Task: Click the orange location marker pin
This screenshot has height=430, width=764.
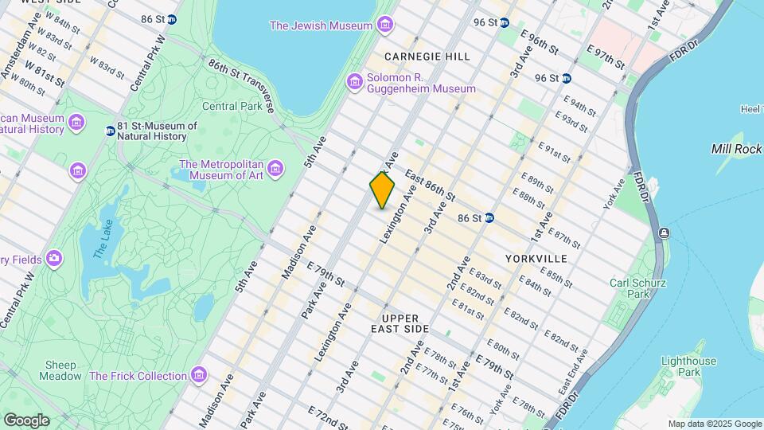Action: click(382, 190)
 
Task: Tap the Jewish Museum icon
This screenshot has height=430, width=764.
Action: click(385, 25)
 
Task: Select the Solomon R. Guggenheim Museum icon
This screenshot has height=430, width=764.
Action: click(355, 81)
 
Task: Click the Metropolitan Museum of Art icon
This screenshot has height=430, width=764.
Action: click(275, 168)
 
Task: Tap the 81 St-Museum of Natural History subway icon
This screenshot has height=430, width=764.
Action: click(110, 131)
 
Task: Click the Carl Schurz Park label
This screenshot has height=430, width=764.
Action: click(637, 288)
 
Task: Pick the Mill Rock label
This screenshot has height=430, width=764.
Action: click(737, 149)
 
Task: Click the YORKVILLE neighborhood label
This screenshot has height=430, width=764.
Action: click(536, 259)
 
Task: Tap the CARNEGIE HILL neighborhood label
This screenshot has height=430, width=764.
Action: click(427, 57)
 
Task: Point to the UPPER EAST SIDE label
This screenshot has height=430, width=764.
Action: click(400, 323)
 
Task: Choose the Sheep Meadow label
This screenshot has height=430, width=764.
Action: click(60, 370)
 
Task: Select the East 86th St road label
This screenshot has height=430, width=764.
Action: click(430, 185)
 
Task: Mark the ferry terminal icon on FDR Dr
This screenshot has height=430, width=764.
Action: click(663, 233)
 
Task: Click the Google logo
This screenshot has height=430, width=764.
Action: click(26, 420)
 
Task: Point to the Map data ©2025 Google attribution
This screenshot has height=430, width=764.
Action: click(714, 424)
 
